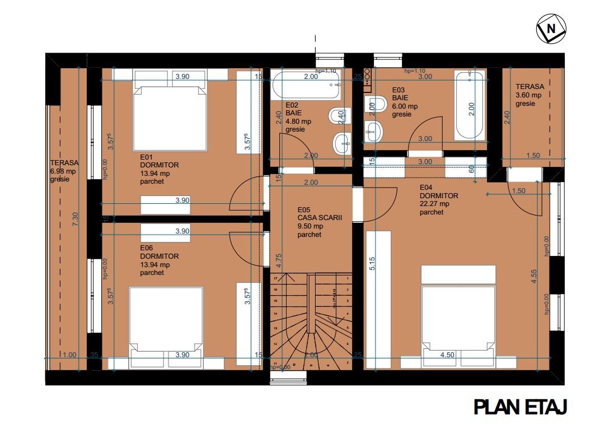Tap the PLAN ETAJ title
point(521,407)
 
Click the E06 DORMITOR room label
point(160,260)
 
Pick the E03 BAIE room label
point(405,102)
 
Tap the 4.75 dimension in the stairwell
point(278,260)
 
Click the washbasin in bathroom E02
point(341,143)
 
